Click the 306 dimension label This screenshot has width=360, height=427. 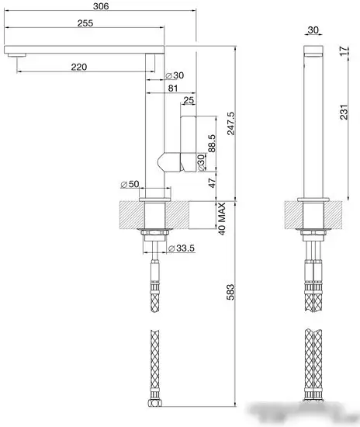coord(101,6)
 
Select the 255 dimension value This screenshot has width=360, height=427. coord(85,23)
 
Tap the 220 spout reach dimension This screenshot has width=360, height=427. coord(79,67)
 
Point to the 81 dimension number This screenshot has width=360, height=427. coord(173,88)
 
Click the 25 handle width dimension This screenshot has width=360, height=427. coord(189,100)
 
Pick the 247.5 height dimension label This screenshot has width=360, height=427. coord(230,123)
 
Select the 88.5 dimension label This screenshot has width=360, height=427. coord(212,144)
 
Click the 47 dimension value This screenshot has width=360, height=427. coord(212,182)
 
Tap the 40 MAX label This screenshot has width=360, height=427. coord(222,219)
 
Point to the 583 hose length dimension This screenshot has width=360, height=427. coord(230,292)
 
